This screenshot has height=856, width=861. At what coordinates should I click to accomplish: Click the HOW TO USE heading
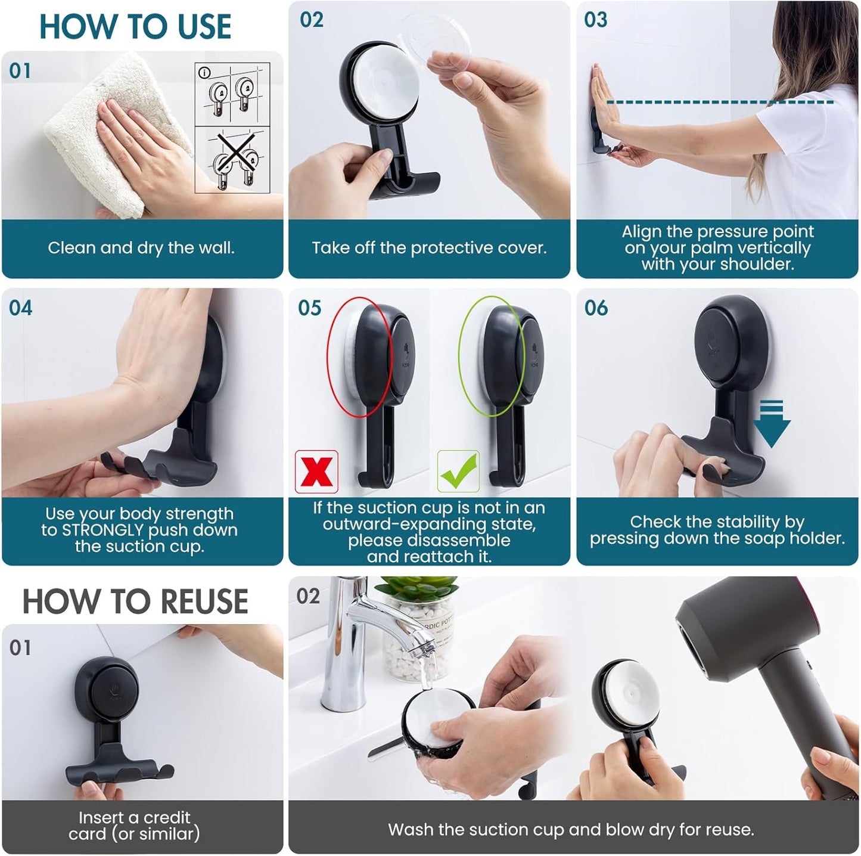[x=135, y=27]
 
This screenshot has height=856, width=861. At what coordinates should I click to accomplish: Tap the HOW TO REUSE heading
[x=135, y=601]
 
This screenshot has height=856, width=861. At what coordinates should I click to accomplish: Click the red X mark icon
[x=316, y=472]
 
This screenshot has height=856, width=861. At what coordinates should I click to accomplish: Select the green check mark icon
[x=458, y=471]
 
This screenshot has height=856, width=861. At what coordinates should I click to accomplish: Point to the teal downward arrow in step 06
[x=771, y=424]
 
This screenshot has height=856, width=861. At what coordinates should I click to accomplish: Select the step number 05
[x=309, y=308]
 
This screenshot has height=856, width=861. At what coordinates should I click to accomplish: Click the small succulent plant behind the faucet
[x=417, y=590]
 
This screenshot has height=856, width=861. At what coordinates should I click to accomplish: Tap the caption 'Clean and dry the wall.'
[x=141, y=248]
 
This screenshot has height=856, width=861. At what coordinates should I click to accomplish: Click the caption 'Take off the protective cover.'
[x=429, y=248]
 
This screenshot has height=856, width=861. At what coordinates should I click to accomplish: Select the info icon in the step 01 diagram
[x=204, y=73]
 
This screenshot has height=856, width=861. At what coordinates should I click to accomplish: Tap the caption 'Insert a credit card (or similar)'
[x=135, y=826]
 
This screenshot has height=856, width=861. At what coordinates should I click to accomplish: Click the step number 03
[x=595, y=20]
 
